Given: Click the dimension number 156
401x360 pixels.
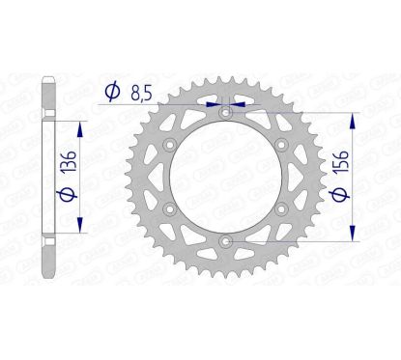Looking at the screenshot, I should [364, 175].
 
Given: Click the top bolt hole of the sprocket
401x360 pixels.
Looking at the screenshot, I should [225, 114].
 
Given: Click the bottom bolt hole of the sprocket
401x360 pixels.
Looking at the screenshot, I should [225, 240].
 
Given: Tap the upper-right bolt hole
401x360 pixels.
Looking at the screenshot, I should [280, 146].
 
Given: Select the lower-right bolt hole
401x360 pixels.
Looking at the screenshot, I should [280, 208].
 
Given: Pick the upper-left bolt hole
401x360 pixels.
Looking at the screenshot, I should [170, 146].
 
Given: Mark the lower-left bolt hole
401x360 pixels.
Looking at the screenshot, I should [170, 208].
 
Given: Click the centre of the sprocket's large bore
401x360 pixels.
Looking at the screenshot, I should [225, 178].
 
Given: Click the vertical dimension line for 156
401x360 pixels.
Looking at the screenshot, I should [345, 177].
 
